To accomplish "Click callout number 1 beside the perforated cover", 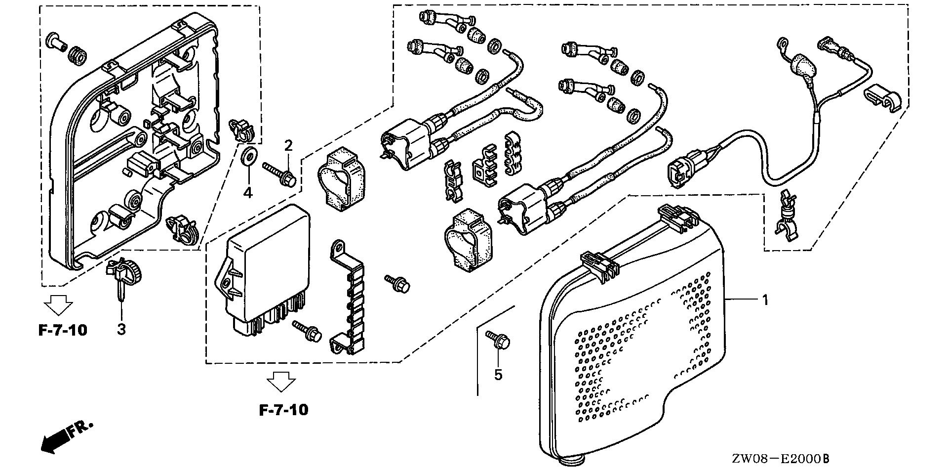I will (765, 300).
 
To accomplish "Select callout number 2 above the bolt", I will (288, 145).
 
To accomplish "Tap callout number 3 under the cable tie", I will (121, 329).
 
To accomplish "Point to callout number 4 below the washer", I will (247, 192).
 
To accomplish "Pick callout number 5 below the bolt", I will (498, 375).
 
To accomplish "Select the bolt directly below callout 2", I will (280, 175).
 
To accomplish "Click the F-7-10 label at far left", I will (63, 330).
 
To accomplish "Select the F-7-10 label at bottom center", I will (283, 410).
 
